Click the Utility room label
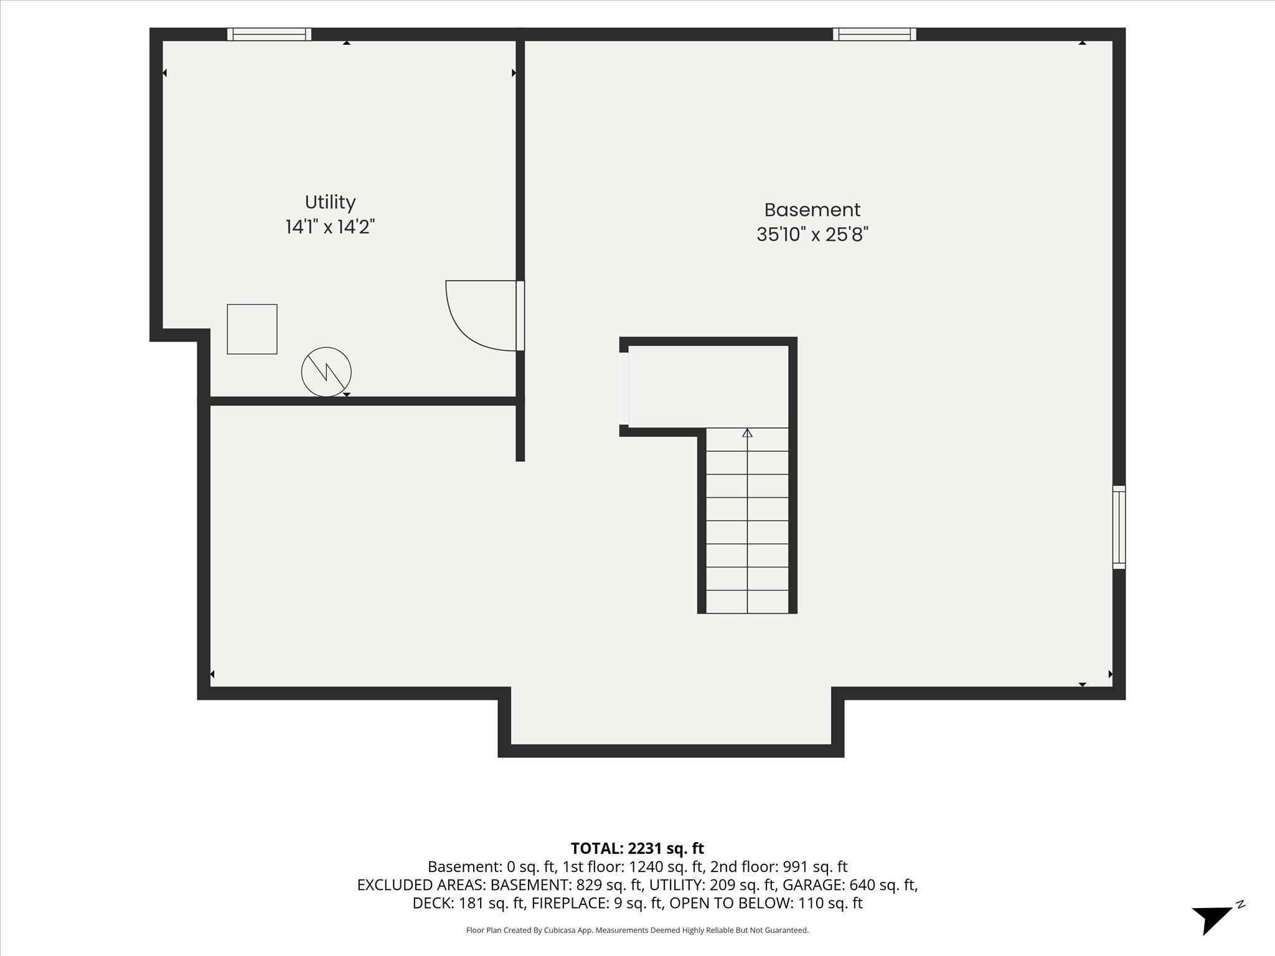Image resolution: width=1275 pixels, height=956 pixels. click(x=330, y=203)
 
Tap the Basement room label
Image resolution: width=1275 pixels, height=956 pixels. click(x=812, y=210)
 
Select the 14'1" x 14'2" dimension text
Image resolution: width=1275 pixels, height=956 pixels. click(x=330, y=227)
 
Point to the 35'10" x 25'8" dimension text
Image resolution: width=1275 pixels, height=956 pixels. click(x=812, y=235)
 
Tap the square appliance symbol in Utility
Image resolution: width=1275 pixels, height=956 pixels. click(x=252, y=329)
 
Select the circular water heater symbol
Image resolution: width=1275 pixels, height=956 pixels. click(x=326, y=372)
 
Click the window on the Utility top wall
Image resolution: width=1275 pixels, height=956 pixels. click(x=269, y=34)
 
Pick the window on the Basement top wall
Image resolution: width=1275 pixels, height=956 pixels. click(x=875, y=34)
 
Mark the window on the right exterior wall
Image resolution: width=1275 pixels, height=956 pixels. click(x=1119, y=527)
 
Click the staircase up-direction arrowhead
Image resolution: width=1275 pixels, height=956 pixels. click(x=748, y=433)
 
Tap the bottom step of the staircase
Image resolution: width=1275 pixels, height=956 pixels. click(x=747, y=601)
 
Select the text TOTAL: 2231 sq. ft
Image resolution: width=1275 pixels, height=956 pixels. click(x=637, y=848)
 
